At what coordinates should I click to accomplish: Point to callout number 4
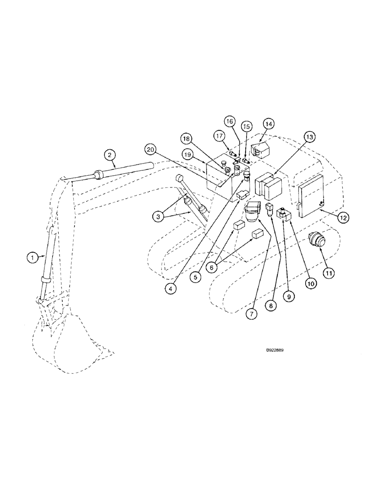170,288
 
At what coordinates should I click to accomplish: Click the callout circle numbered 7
252,314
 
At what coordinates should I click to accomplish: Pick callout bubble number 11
328,273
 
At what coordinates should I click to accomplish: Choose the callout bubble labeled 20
150,149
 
